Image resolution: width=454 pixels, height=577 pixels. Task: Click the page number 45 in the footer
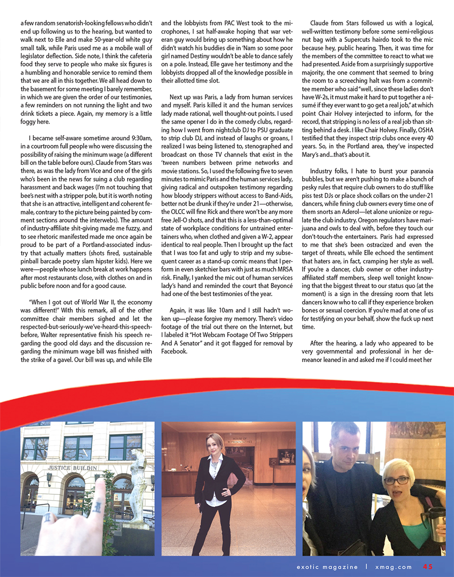pyautogui.click(x=428, y=566)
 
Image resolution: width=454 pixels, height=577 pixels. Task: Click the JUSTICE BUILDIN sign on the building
pyautogui.click(x=72, y=467)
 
